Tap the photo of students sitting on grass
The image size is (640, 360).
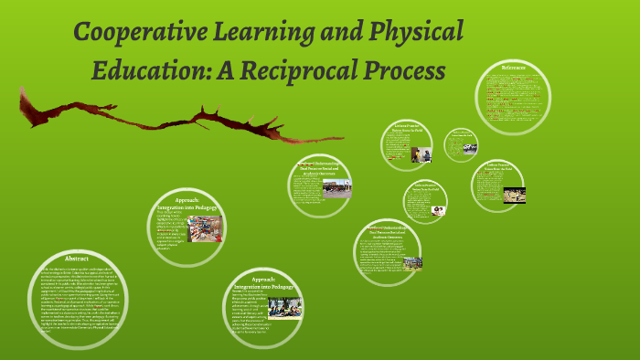point(284,308)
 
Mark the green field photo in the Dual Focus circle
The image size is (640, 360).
point(412,263)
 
